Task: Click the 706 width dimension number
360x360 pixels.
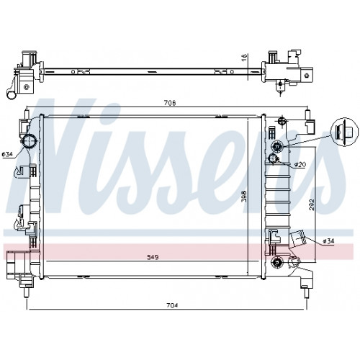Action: point(170,103)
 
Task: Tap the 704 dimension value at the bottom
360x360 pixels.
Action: point(172,305)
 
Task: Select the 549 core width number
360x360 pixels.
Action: point(153,257)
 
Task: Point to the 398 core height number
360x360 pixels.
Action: point(244,197)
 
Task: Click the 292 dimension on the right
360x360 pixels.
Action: point(312,204)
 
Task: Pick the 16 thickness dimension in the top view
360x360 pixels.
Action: point(244,57)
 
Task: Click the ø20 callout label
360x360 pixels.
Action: point(300,165)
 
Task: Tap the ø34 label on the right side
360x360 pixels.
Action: point(328,241)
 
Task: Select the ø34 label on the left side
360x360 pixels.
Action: point(7,155)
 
